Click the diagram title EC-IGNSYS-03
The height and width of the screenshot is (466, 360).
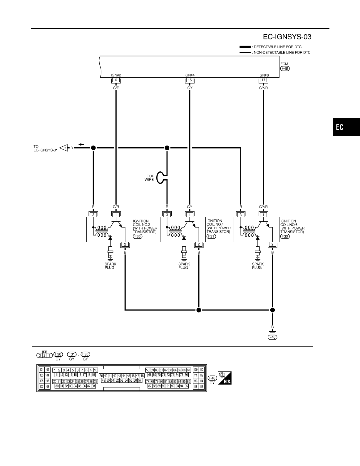point(287,37)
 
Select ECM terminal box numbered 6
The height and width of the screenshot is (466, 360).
point(116,80)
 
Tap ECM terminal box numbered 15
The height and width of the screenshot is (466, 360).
point(190,80)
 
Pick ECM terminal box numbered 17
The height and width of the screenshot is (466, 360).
point(263,80)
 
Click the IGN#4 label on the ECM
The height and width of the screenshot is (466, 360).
point(190,75)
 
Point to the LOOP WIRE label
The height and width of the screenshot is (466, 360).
point(149,178)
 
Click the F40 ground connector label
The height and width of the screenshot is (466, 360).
point(272,337)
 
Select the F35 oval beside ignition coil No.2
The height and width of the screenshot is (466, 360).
point(137,236)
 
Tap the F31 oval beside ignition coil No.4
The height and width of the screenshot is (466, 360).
point(211,236)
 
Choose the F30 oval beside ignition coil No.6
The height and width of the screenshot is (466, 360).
point(285,236)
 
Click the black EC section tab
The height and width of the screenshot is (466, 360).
point(346,127)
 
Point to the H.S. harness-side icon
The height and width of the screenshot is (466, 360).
point(225,378)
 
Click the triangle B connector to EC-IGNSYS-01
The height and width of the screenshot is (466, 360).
point(64,148)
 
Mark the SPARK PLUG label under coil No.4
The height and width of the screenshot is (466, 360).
point(184,266)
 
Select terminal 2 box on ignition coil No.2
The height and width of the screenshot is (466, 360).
point(125,244)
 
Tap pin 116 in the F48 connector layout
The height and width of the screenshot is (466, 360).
point(201,387)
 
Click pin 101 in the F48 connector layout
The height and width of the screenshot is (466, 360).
point(41,370)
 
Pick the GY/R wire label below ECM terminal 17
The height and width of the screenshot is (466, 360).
point(263,88)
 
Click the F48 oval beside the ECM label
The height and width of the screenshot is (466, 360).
point(285,69)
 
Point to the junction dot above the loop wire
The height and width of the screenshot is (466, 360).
point(167,148)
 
